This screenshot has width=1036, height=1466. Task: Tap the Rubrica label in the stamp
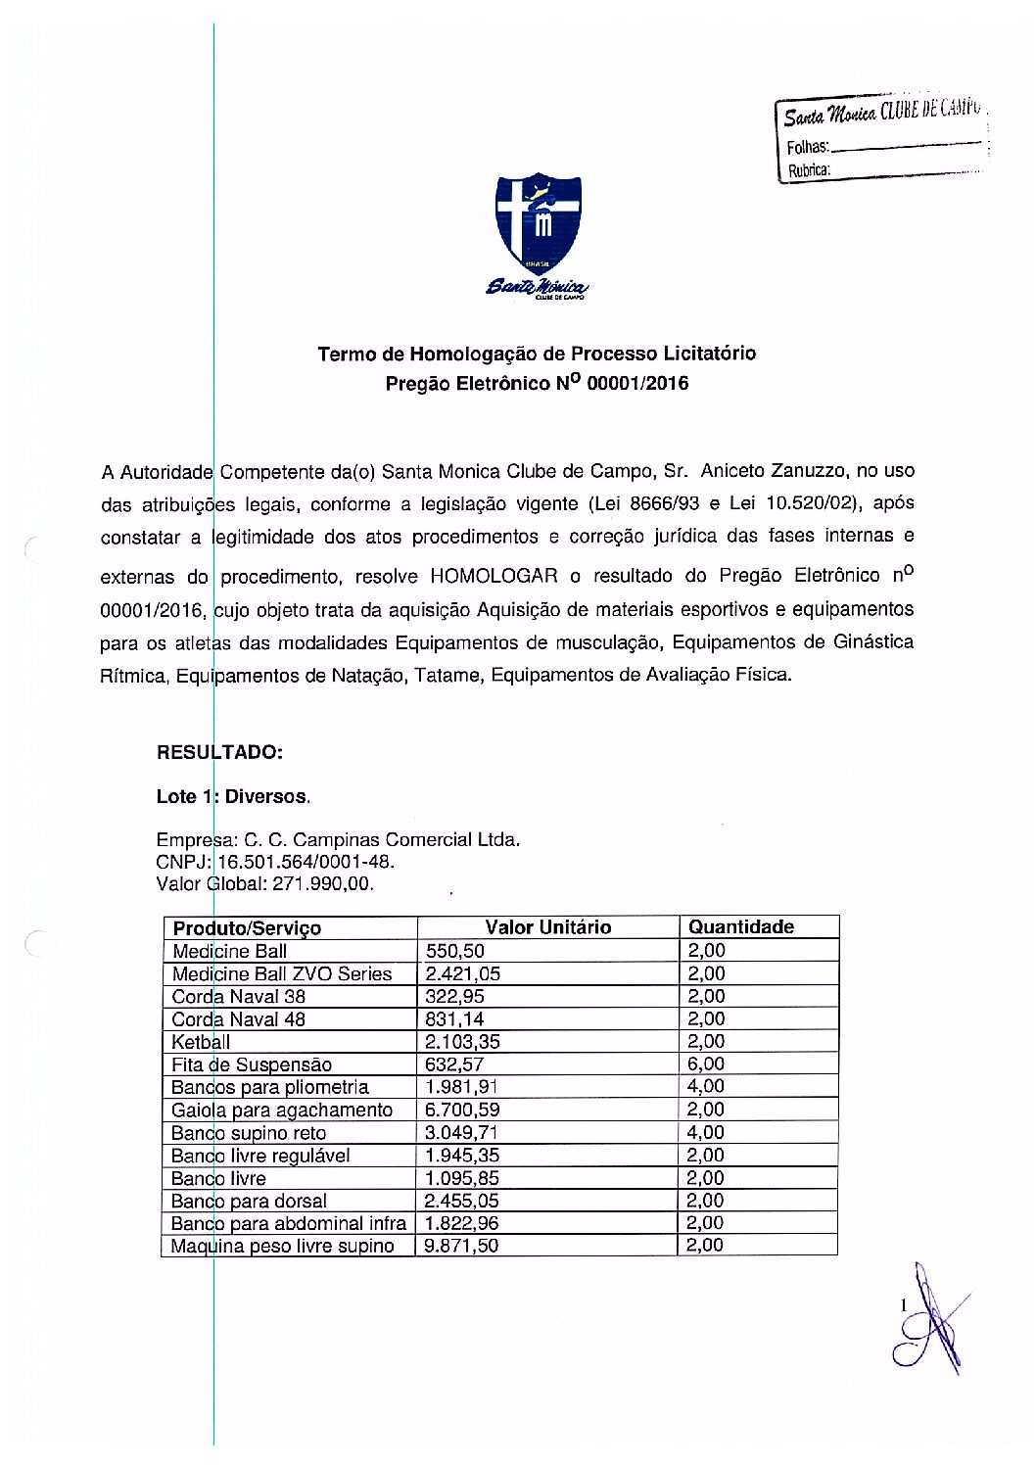pyautogui.click(x=809, y=169)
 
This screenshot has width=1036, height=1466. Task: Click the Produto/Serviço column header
pyautogui.click(x=247, y=927)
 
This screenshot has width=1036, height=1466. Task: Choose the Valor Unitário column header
pyautogui.click(x=547, y=926)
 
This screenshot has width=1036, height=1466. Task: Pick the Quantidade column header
pyautogui.click(x=740, y=926)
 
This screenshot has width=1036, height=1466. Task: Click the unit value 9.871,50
pyautogui.click(x=461, y=1246)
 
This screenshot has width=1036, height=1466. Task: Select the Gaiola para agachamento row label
pyautogui.click(x=281, y=1110)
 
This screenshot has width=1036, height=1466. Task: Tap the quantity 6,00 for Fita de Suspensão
pyautogui.click(x=705, y=1064)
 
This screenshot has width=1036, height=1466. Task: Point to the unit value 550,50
pyautogui.click(x=454, y=950)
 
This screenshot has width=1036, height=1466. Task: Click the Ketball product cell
pyautogui.click(x=201, y=1041)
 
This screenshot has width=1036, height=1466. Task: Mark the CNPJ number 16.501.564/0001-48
pyautogui.click(x=305, y=862)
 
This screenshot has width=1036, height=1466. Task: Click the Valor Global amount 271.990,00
pyautogui.click(x=322, y=883)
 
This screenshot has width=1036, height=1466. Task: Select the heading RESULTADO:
pyautogui.click(x=219, y=752)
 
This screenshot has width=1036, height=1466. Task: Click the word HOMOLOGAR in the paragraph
pyautogui.click(x=494, y=576)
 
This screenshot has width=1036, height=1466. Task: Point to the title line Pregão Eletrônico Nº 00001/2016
pyautogui.click(x=537, y=383)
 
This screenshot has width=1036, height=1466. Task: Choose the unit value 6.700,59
pyautogui.click(x=461, y=1110)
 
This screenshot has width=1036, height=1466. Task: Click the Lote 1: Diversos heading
pyautogui.click(x=233, y=796)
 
